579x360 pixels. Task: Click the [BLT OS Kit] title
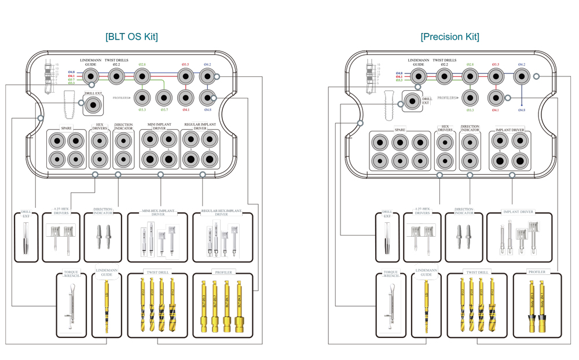131,37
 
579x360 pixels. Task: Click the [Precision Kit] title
450,37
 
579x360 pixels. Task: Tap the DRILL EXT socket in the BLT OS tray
93,105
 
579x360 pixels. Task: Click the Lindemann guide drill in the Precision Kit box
426,307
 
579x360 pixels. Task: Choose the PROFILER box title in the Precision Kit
537,272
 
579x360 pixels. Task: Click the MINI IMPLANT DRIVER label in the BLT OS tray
159,126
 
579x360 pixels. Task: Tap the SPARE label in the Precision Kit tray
400,130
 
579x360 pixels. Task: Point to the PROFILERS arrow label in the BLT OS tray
122,98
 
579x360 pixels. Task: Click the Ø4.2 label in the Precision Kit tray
522,64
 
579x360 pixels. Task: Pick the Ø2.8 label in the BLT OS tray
142,64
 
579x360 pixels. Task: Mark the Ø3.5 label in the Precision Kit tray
496,64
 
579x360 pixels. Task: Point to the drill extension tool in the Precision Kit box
387,238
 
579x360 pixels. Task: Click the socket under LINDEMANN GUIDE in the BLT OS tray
91,76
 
